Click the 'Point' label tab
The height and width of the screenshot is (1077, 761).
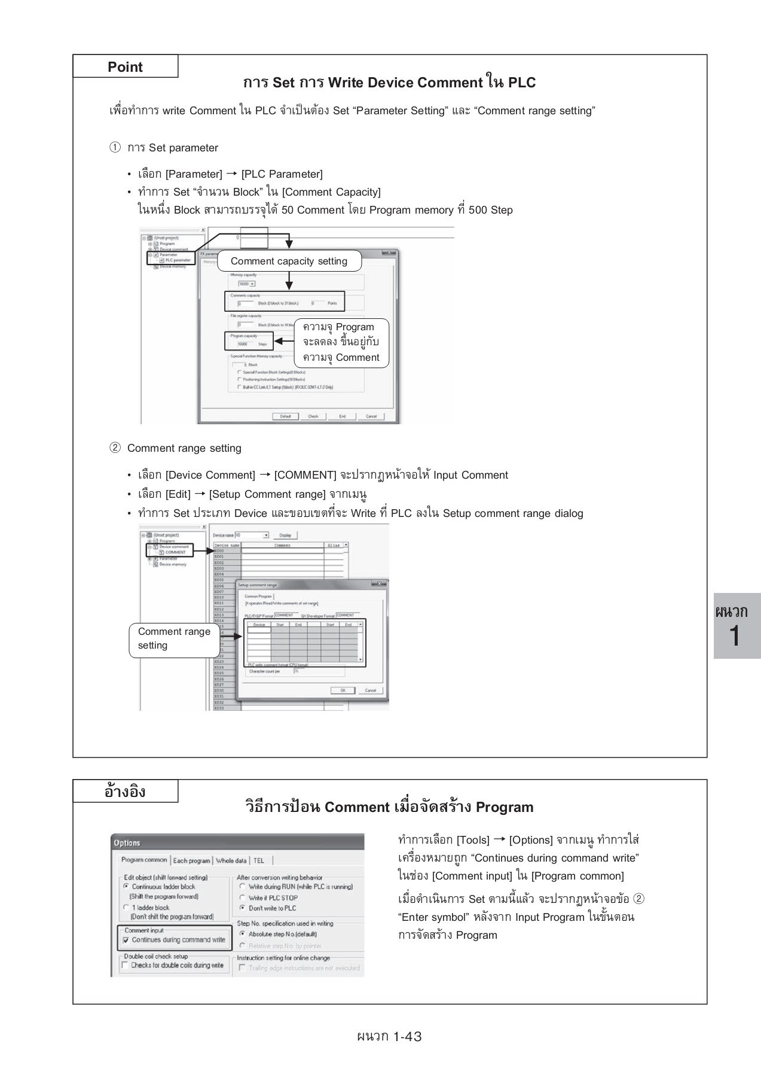pyautogui.click(x=125, y=66)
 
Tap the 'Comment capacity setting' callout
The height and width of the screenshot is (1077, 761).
pyautogui.click(x=289, y=261)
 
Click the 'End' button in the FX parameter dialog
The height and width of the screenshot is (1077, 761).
pyautogui.click(x=342, y=416)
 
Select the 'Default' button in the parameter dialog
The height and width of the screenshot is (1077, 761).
pyautogui.click(x=285, y=416)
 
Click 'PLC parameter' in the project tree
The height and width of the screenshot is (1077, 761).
pyautogui.click(x=177, y=260)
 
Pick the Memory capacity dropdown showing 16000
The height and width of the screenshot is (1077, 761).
pyautogui.click(x=246, y=284)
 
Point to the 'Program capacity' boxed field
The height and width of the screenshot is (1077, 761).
pyautogui.click(x=249, y=340)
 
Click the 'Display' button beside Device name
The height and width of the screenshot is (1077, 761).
pyautogui.click(x=285, y=536)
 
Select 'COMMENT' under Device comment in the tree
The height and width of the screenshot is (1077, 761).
pyautogui.click(x=175, y=552)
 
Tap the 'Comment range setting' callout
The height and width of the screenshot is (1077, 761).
pyautogui.click(x=174, y=638)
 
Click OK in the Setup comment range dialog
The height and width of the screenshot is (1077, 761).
pyautogui.click(x=343, y=690)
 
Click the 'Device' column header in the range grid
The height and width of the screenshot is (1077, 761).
pyautogui.click(x=259, y=625)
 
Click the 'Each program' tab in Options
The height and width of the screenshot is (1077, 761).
pyautogui.click(x=191, y=861)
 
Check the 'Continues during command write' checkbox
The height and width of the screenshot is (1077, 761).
pyautogui.click(x=126, y=940)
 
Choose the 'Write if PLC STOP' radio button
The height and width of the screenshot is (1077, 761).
pyautogui.click(x=243, y=898)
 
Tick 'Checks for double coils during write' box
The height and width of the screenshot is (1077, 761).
pyautogui.click(x=125, y=965)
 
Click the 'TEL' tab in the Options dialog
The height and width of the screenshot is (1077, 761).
pyautogui.click(x=258, y=861)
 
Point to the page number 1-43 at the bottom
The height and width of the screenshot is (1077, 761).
pyautogui.click(x=389, y=1036)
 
